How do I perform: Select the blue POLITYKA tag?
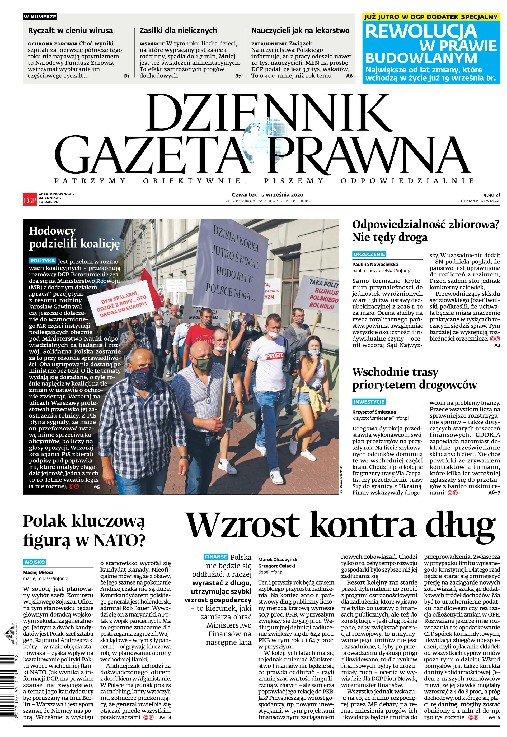43,261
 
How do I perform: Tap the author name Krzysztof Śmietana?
374,412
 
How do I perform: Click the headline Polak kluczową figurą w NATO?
84,530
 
